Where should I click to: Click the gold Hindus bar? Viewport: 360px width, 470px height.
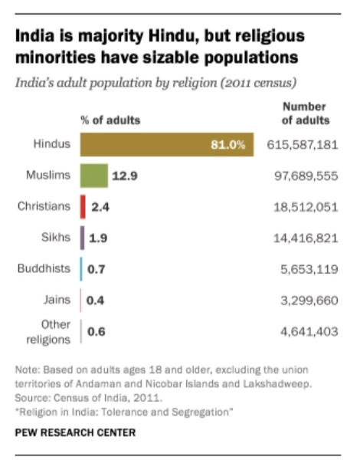167,144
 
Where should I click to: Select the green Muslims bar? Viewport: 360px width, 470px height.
94,176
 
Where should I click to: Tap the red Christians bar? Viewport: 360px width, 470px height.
83,207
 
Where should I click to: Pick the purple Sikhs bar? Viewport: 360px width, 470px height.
82,238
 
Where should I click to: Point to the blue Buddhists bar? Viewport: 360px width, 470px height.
81,269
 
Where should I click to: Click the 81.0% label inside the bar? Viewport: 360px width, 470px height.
228,145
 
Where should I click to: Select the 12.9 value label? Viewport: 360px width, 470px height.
125,176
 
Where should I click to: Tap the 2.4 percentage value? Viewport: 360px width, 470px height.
100,207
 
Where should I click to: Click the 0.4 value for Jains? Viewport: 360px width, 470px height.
95,301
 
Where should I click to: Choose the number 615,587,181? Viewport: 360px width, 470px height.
303,145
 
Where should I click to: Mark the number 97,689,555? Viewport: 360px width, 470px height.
306,176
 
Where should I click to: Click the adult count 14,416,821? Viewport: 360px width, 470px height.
306,238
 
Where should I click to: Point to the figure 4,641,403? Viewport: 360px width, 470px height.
309,332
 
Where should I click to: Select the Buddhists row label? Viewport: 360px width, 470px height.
44,268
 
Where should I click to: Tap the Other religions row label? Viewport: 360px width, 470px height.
48,332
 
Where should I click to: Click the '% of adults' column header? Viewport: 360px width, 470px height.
110,120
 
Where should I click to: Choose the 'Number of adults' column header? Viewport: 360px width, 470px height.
306,113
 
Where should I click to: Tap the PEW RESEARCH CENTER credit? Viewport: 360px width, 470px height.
75,432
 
